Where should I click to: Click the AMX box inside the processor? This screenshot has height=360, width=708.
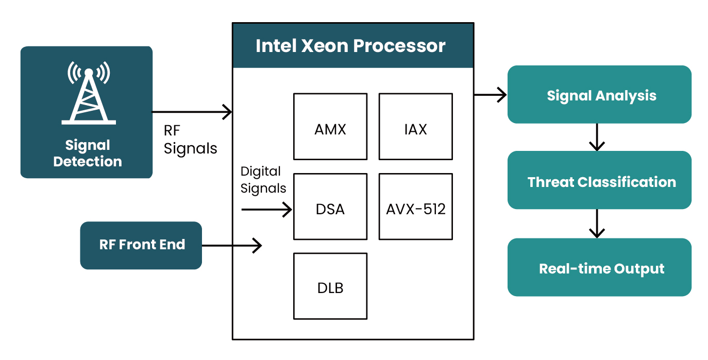pos(330,127)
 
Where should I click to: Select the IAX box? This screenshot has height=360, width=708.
pos(415,127)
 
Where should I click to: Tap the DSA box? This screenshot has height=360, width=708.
pos(330,207)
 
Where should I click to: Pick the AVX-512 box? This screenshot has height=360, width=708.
pos(415,207)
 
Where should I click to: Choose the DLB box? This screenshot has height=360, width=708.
pos(330,286)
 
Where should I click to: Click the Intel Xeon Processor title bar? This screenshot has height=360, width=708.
pos(352,46)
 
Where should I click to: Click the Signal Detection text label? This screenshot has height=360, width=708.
pos(87,153)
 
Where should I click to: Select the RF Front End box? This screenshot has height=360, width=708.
pos(141,245)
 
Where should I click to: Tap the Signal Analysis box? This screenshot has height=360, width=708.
pos(599,95)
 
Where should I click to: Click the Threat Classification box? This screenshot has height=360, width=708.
pos(599,180)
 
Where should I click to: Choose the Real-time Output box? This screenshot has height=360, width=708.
pos(599,267)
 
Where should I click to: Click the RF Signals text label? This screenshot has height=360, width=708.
pos(190,140)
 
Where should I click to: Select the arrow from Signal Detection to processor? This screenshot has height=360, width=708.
pos(192,112)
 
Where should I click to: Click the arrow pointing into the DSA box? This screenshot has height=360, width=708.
pos(266,210)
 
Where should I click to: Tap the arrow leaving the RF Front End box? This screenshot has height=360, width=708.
pos(231,246)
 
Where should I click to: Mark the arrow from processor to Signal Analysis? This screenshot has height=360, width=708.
pos(490,95)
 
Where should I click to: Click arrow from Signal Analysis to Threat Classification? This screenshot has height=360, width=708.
pos(597,137)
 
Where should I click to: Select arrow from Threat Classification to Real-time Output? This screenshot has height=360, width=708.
pos(597,223)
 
